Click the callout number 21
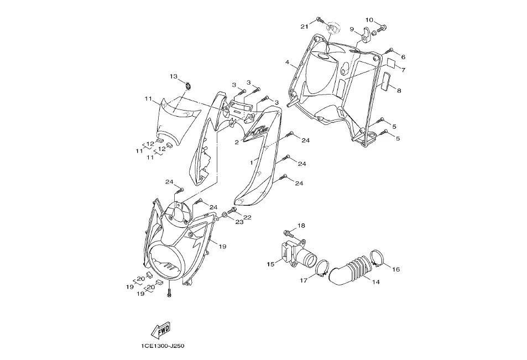click(304, 27)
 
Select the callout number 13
click(173, 76)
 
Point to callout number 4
click(288, 62)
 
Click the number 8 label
click(399, 90)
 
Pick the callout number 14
click(375, 282)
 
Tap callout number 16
click(396, 269)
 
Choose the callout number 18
click(301, 226)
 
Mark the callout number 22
click(247, 217)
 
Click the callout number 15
click(270, 264)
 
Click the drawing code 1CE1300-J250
click(162, 346)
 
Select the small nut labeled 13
click(189, 85)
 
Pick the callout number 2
click(237, 142)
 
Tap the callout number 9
click(351, 29)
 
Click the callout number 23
click(239, 223)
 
